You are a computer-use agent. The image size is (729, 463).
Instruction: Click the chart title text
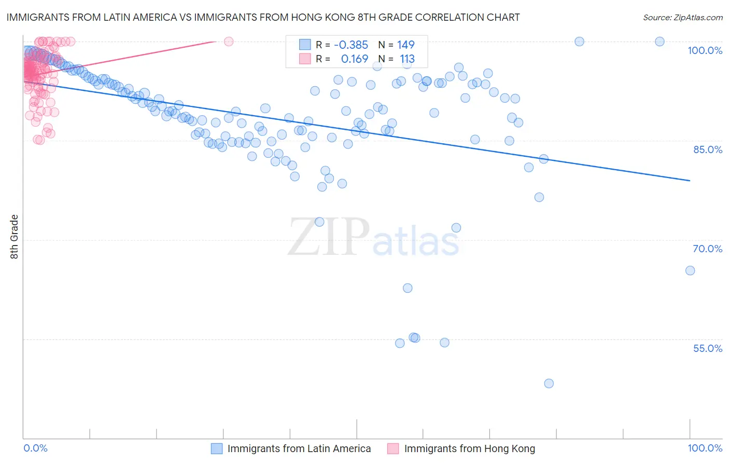coord(263,18)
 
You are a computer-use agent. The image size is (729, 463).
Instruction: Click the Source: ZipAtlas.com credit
coord(682,18)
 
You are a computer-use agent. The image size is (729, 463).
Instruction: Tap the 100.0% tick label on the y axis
coord(705,50)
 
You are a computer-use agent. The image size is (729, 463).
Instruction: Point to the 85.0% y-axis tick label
coord(707,149)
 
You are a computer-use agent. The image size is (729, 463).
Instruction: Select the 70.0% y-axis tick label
coord(707,249)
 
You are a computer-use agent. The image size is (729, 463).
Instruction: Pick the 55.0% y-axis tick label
coord(707,348)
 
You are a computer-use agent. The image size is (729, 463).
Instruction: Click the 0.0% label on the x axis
coord(35,448)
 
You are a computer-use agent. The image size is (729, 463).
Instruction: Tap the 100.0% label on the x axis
coord(705,448)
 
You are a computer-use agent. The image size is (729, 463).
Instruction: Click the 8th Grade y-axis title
coord(15,237)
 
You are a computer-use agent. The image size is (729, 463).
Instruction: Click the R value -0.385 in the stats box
coord(351,45)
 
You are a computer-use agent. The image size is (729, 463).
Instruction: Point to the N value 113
coord(407,59)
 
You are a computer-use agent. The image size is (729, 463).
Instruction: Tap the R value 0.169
coord(354,59)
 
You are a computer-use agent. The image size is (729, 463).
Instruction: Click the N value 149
coord(406,45)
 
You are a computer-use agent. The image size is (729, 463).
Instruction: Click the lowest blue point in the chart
coord(549,384)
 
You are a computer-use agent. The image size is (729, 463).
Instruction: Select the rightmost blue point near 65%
coord(690,270)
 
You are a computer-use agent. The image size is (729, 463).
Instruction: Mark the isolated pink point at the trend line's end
coord(229,42)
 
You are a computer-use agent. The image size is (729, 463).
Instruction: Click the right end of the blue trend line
coord(690,181)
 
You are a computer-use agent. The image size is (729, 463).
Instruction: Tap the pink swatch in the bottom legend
coord(393,449)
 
